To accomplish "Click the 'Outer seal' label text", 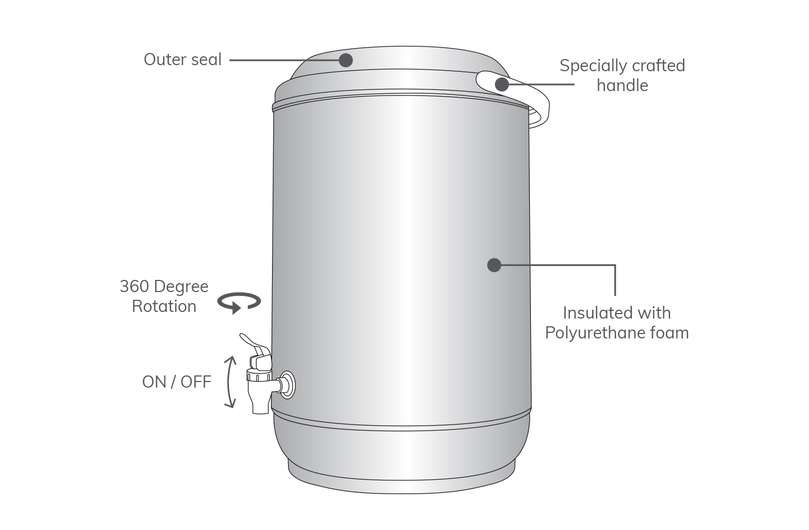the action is coord(183,60).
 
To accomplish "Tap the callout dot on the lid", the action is coord(345,60).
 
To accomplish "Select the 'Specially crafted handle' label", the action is coord(622,76).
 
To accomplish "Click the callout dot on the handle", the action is coord(502,84).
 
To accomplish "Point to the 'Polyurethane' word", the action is coord(595,333).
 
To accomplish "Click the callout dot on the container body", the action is coord(494,265).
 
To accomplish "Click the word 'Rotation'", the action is coord(164,306).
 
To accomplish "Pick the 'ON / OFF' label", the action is coord(177,382).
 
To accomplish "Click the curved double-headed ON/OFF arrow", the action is coord(230,382).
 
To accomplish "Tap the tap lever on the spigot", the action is coord(256,345).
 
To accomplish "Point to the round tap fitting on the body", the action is coord(288,385).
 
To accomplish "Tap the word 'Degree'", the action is coord(182,287).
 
